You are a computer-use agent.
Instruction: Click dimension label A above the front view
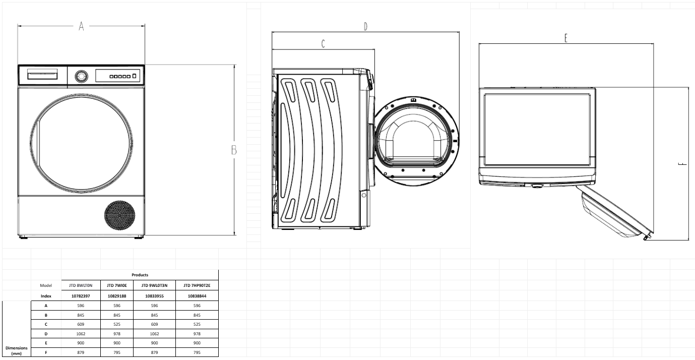point(81,26)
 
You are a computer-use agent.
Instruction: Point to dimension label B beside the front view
point(234,150)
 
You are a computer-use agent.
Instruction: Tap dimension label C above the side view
point(323,44)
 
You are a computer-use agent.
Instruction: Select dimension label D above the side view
point(365,27)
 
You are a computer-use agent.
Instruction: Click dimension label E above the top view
point(566,38)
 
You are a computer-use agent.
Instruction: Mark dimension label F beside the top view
point(682,164)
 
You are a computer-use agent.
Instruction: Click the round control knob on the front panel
point(81,76)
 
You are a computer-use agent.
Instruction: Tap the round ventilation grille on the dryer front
point(120,215)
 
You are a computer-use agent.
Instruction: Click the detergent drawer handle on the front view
point(42,76)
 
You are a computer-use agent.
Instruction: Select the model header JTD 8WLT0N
point(81,285)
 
